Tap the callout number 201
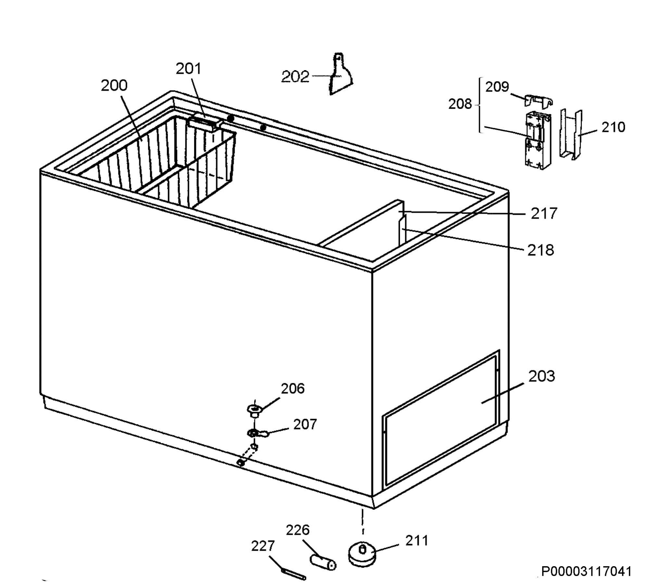coord(188,69)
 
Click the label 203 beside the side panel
coord(541,376)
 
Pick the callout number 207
coord(305,424)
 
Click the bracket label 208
coord(460,104)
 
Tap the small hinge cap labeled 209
coord(538,101)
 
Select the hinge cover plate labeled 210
coord(571,134)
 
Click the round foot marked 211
coord(362,554)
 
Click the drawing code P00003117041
coord(586,571)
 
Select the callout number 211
coord(417,540)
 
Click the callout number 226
coord(298,530)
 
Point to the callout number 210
coord(613,127)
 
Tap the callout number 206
coord(293,389)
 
